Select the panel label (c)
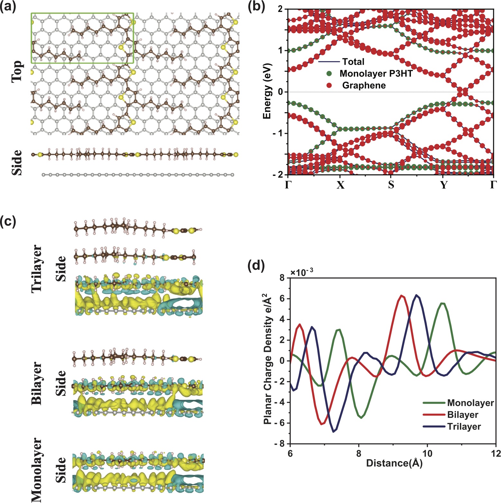8,222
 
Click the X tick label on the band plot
340,185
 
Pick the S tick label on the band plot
391,185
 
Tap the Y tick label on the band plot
444,185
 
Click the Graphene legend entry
364,85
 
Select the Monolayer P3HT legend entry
376,74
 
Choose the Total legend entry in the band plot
353,61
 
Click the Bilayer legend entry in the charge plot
463,415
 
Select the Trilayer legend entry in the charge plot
464,426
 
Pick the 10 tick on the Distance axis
427,453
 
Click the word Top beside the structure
17,71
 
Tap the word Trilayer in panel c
37,269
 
